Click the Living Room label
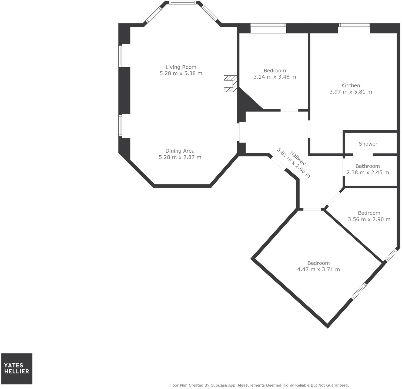[x=181, y=67]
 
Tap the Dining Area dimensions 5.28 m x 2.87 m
[x=180, y=157]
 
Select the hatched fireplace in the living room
[x=230, y=84]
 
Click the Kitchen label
[x=350, y=86]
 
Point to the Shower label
[x=368, y=144]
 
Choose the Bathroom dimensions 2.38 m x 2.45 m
[x=367, y=172]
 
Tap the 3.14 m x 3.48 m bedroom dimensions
[x=274, y=77]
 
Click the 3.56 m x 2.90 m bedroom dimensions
[x=369, y=219]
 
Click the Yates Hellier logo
[x=17, y=368]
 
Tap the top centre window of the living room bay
[x=182, y=3]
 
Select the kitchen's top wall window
[x=354, y=25]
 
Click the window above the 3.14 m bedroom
[x=268, y=25]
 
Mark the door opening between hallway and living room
[x=238, y=132]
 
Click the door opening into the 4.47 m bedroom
[x=312, y=209]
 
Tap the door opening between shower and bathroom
[x=363, y=155]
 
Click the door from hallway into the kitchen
[x=309, y=129]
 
